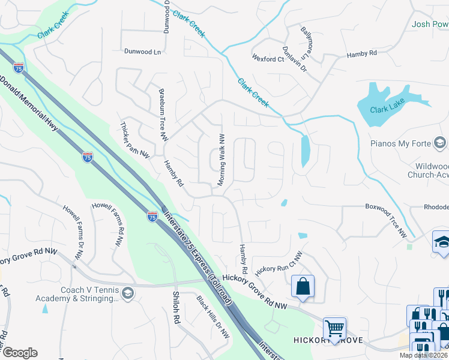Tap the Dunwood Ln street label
(143, 52)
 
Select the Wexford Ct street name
(268, 59)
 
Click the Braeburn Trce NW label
(163, 115)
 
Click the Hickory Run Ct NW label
(279, 262)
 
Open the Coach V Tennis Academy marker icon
(127, 293)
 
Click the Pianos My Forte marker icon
(440, 143)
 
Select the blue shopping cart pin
(334, 328)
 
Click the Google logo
(20, 353)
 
